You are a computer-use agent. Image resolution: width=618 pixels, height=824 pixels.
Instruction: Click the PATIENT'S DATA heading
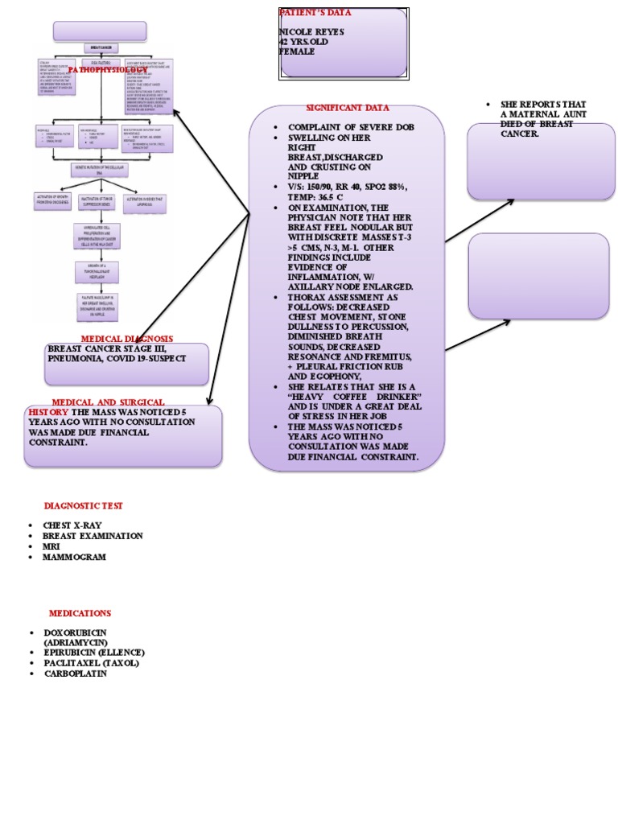[x=315, y=13]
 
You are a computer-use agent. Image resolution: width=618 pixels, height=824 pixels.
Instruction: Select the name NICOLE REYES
[x=311, y=32]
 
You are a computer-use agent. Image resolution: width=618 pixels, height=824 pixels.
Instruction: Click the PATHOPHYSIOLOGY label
[x=108, y=71]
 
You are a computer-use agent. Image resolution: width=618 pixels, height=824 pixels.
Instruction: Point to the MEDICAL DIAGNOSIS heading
[x=126, y=339]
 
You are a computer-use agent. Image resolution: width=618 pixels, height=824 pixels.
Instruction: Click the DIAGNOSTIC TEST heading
[x=84, y=505]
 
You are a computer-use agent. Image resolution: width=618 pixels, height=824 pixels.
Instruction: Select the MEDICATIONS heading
[x=80, y=613]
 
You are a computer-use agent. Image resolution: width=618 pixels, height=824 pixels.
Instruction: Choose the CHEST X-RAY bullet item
[x=72, y=525]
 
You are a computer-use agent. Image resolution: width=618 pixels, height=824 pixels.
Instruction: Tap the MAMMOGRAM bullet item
[x=74, y=557]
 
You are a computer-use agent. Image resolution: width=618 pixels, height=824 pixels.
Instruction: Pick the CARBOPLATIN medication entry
[x=75, y=674]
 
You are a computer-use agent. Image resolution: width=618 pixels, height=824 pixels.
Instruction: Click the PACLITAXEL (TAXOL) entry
[x=91, y=663]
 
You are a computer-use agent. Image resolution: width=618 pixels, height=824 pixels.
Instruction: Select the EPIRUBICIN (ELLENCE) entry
[x=94, y=653]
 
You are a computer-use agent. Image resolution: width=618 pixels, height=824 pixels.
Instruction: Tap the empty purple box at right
[x=538, y=276]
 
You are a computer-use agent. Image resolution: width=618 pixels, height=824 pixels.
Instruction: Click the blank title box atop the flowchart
[x=100, y=31]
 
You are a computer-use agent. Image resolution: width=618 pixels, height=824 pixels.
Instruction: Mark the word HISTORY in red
[x=48, y=412]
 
